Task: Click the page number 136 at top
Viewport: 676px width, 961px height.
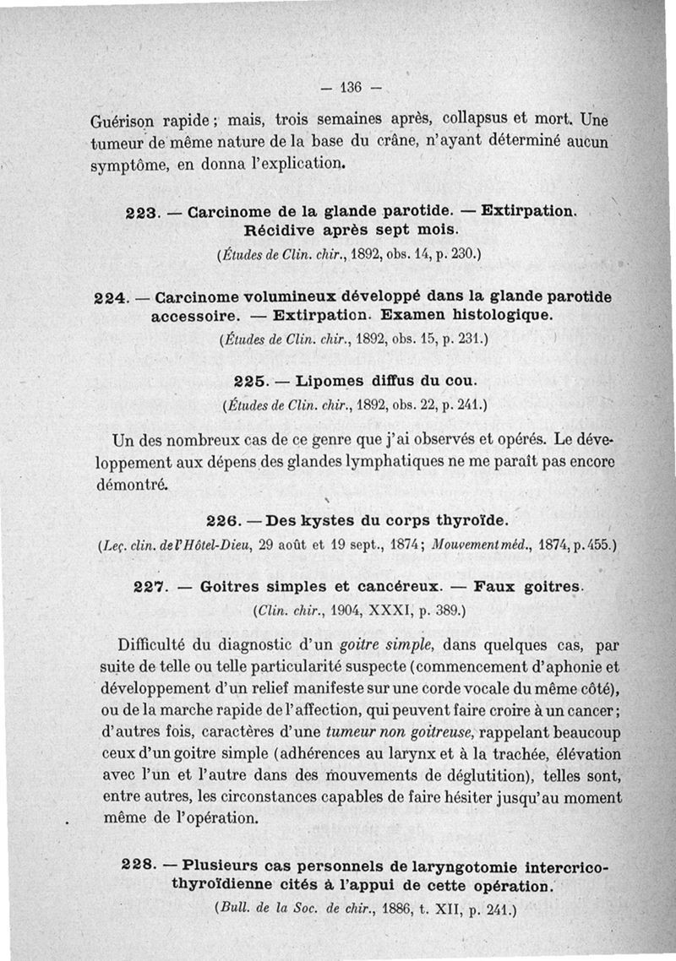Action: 349,86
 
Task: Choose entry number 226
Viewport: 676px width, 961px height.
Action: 222,519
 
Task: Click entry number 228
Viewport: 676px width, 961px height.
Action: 139,866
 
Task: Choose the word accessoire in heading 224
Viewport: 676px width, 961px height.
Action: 190,316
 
